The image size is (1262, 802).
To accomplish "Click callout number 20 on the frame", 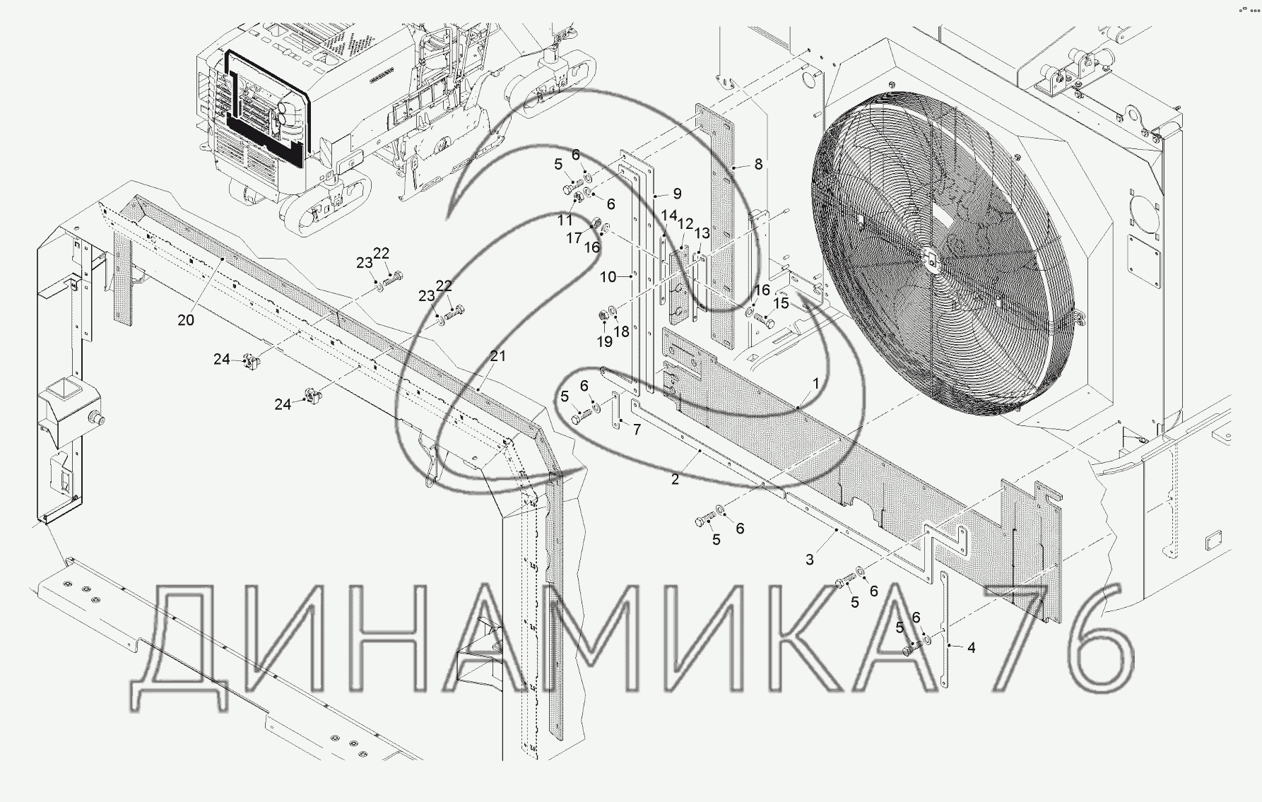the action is pyautogui.click(x=186, y=320).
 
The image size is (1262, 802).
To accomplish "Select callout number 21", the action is pyautogui.click(x=499, y=356).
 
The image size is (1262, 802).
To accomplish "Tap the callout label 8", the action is pyautogui.click(x=758, y=164).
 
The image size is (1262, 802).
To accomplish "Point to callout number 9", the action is pyautogui.click(x=677, y=193).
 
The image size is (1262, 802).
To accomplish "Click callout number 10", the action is pyautogui.click(x=608, y=277).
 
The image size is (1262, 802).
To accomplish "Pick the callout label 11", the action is pyautogui.click(x=565, y=220).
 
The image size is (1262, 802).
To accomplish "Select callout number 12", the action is pyautogui.click(x=685, y=223).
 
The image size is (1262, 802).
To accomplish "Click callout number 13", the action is pyautogui.click(x=702, y=233).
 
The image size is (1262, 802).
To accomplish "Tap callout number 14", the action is pyautogui.click(x=668, y=215).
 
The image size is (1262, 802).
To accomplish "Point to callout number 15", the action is pyautogui.click(x=781, y=302).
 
